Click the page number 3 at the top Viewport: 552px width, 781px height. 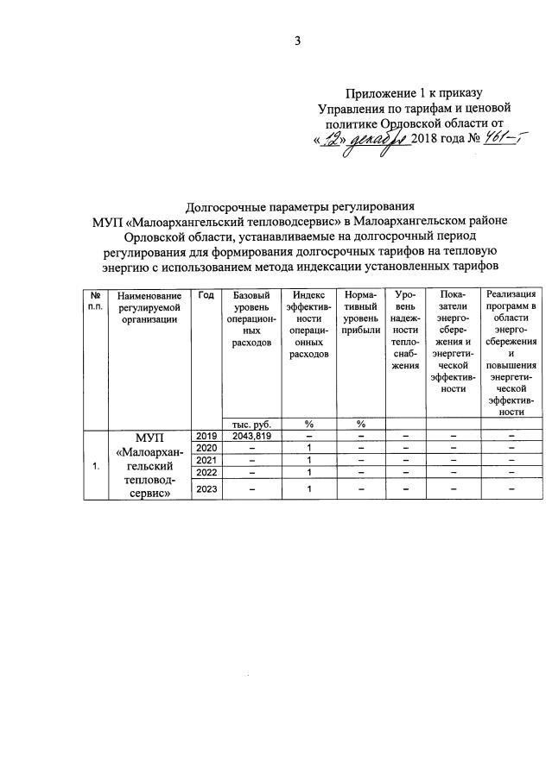coord(297,40)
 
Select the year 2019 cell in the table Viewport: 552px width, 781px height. coord(206,436)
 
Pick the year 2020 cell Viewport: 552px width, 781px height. coord(206,448)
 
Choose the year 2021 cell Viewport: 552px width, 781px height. coord(206,460)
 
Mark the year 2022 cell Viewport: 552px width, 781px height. coord(206,472)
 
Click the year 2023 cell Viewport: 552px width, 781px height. coord(206,490)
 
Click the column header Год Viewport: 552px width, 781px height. coord(206,296)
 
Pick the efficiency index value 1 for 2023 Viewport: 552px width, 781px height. coord(308,490)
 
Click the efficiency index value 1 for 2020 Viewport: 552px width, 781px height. coord(308,448)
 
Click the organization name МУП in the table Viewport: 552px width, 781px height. coord(149,438)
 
